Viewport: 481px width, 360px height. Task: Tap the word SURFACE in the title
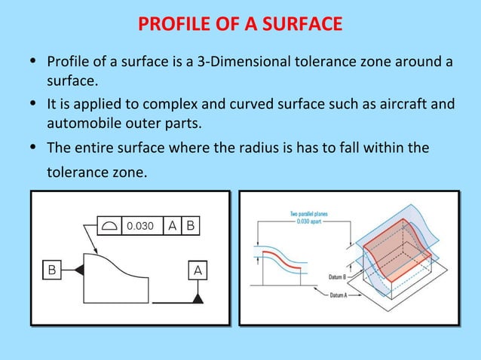pos(301,26)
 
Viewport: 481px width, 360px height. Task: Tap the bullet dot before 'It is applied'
pos(33,104)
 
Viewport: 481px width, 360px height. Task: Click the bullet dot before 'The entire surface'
pos(33,148)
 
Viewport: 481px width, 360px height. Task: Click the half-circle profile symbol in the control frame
pos(110,225)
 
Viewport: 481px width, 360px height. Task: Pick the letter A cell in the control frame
pos(173,225)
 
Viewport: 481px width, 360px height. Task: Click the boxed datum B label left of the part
pos(52,269)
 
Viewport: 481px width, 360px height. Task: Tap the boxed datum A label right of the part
pos(198,269)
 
